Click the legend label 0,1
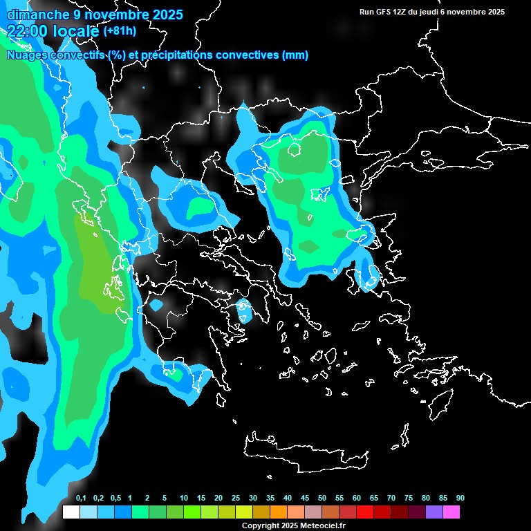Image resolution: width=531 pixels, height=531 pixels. point(81,499)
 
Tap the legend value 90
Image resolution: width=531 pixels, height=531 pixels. point(460,499)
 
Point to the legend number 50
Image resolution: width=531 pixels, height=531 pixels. point(322,499)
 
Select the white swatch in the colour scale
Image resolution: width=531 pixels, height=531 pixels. point(71,512)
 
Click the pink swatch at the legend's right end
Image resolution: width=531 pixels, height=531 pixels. point(451,512)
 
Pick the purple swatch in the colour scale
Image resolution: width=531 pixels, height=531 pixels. point(434,512)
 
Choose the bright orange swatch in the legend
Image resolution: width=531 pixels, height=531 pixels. point(278,512)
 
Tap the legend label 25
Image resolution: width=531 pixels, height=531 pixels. point(236,499)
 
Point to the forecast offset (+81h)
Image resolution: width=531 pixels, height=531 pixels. point(120,31)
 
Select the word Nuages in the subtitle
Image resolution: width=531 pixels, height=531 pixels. point(27,55)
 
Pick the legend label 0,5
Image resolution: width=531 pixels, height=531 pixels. point(115,499)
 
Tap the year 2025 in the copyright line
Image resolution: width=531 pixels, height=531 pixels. point(287,526)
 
